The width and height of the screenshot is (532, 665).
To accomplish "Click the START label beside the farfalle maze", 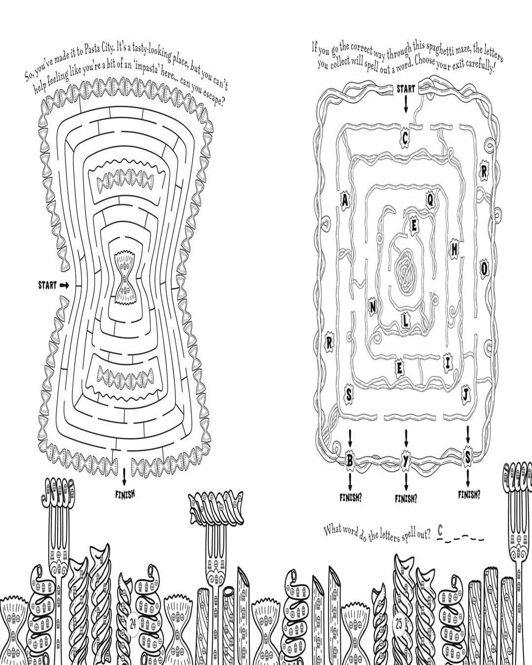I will click(47, 285).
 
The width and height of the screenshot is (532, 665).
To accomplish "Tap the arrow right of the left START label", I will click(65, 285).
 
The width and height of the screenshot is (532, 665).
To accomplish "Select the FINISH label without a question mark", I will click(125, 494).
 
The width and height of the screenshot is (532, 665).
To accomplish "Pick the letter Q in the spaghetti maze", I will click(430, 199).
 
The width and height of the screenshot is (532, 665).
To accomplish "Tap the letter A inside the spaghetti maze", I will click(345, 200).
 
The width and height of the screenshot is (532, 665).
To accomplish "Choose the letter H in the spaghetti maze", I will click(454, 251).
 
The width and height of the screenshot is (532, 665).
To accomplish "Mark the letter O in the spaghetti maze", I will click(484, 268).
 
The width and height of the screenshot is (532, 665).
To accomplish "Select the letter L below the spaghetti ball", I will click(405, 321).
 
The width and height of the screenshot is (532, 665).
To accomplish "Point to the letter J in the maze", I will click(466, 394).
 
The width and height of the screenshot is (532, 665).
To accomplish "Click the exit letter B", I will click(350, 460).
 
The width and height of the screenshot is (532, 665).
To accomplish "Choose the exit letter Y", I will click(406, 460).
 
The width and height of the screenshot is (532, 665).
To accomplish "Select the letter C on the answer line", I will click(440, 532).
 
